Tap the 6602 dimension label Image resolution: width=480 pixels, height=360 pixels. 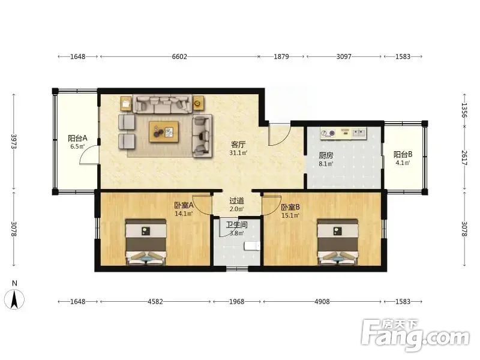(x=179, y=56)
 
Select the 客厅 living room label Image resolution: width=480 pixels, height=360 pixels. (x=238, y=144)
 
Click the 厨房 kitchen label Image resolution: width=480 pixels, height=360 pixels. (x=326, y=155)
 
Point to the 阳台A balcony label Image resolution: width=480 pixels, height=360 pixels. (x=78, y=139)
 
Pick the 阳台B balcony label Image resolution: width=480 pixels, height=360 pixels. (x=403, y=154)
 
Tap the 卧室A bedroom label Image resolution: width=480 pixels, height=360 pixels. (x=184, y=205)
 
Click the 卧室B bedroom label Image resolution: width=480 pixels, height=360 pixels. (x=290, y=207)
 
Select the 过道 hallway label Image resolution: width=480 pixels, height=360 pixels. (x=237, y=201)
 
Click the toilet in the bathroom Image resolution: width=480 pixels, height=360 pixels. (x=252, y=246)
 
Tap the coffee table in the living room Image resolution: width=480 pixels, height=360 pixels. (x=164, y=132)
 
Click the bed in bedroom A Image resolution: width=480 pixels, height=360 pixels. (x=146, y=242)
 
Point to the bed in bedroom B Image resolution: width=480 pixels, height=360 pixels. (x=338, y=242)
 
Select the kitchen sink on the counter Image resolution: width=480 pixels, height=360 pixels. (x=359, y=133)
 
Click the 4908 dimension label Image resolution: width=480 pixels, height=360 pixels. (x=322, y=302)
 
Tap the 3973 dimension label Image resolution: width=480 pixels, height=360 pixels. (x=14, y=142)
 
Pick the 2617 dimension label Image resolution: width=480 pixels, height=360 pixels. (x=464, y=158)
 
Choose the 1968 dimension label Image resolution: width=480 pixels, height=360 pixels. (x=237, y=302)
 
